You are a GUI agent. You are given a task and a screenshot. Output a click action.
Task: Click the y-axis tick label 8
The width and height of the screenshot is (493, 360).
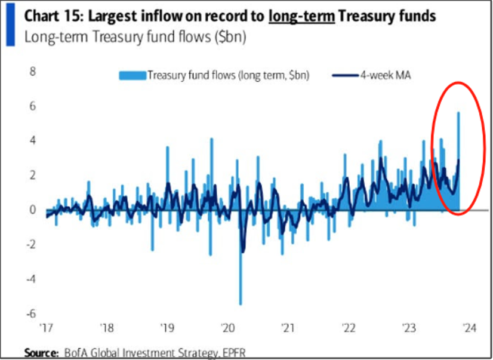click(x=33, y=72)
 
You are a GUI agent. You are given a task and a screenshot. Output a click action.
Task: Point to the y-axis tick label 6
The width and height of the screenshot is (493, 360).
click(x=33, y=106)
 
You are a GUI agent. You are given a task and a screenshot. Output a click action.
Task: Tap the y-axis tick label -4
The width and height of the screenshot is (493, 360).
click(x=31, y=279)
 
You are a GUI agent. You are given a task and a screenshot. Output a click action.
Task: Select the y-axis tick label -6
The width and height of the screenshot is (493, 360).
click(x=31, y=313)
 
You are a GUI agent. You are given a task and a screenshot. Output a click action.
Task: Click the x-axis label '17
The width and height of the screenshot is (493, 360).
click(x=46, y=328)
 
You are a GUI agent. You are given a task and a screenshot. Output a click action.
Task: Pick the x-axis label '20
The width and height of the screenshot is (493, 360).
click(x=227, y=328)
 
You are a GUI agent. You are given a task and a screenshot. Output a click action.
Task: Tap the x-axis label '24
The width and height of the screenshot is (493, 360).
click(x=469, y=328)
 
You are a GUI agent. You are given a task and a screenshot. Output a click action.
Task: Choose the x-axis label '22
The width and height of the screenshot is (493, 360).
click(x=348, y=328)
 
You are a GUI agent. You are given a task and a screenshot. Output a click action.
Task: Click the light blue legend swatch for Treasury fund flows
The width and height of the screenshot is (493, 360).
click(x=131, y=75)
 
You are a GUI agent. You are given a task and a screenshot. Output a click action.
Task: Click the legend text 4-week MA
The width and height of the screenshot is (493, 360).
click(x=378, y=75)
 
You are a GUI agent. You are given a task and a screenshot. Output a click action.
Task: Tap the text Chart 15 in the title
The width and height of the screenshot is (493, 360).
click(x=50, y=16)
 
